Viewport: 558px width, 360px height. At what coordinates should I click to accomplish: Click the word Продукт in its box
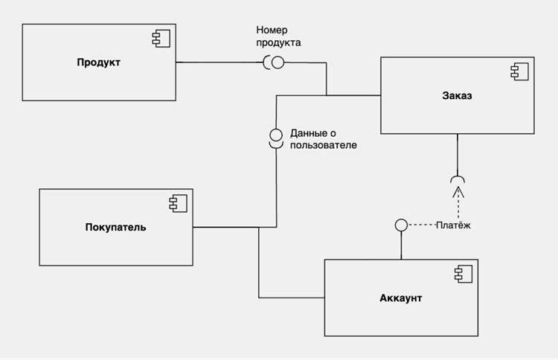[x=98, y=62]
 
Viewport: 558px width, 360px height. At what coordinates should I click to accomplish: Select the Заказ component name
[x=457, y=95]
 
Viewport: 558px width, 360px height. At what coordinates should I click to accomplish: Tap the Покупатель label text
[x=115, y=228]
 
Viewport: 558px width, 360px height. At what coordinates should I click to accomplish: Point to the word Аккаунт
[x=401, y=298]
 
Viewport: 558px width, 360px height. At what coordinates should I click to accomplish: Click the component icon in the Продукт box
[x=161, y=39]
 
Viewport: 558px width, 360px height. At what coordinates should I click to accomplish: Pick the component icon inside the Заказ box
[x=519, y=71]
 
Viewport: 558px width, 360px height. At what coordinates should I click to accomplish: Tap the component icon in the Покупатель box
[x=178, y=204]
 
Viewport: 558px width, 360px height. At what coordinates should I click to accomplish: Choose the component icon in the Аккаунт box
[x=464, y=274]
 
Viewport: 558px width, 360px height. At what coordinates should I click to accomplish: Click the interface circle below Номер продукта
[x=278, y=62]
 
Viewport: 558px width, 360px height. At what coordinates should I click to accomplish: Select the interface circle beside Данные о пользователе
[x=276, y=135]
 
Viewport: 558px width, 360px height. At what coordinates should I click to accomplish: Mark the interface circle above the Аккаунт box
[x=402, y=225]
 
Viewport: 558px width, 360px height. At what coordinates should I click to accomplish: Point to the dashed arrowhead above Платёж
[x=458, y=192]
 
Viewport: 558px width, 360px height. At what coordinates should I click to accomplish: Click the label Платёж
[x=453, y=225]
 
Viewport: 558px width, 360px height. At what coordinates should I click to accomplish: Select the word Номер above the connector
[x=272, y=30]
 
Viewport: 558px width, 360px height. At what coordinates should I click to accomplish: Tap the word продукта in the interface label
[x=279, y=42]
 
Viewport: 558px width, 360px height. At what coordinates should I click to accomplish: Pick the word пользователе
[x=324, y=145]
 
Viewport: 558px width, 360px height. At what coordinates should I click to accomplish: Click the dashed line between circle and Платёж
[x=422, y=225]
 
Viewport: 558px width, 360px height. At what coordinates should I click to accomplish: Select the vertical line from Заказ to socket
[x=458, y=155]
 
